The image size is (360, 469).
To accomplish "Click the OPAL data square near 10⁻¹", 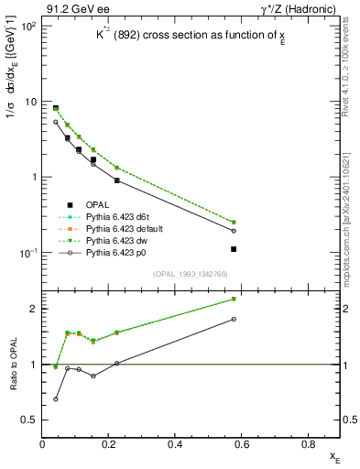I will [x=234, y=249].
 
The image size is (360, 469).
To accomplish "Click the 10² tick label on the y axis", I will [x=29, y=26].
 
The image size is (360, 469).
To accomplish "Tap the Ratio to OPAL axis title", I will [x=12, y=364].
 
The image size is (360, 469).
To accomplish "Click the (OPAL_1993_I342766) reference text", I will [x=191, y=275].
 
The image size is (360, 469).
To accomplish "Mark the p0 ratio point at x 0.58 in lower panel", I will [x=234, y=319].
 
